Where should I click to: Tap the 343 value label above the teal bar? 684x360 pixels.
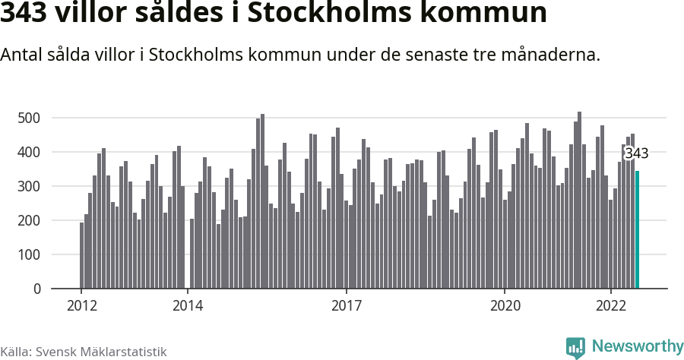[636, 153]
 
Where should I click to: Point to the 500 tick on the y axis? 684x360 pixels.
[29, 118]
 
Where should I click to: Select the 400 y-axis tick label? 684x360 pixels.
[29, 152]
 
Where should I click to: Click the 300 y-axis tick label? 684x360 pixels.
[29, 186]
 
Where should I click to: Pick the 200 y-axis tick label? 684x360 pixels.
[29, 220]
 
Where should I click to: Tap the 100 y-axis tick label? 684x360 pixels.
[29, 254]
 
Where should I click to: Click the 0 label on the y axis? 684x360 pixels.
[36, 289]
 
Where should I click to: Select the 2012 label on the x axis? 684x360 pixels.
[81, 306]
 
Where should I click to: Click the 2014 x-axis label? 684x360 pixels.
[188, 306]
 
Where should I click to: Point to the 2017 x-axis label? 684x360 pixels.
[347, 306]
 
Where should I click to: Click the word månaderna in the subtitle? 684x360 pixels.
[543, 55]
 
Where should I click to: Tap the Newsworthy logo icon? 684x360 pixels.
[575, 348]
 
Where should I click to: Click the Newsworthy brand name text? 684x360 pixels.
[637, 347]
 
